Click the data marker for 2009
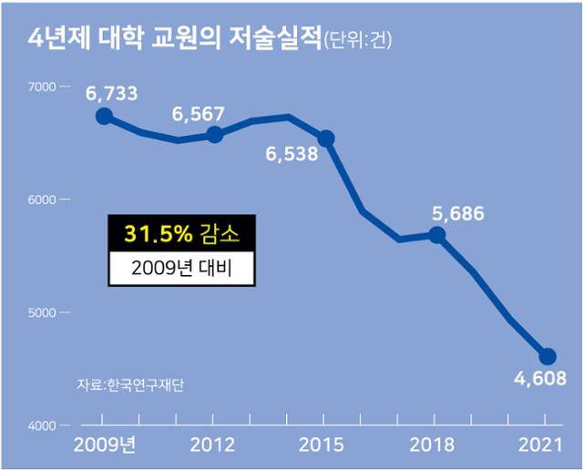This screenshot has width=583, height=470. tap(104, 116)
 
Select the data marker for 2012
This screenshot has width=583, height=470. tap(215, 135)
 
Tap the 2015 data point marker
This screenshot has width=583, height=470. tap(326, 138)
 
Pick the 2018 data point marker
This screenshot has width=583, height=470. tap(437, 235)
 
